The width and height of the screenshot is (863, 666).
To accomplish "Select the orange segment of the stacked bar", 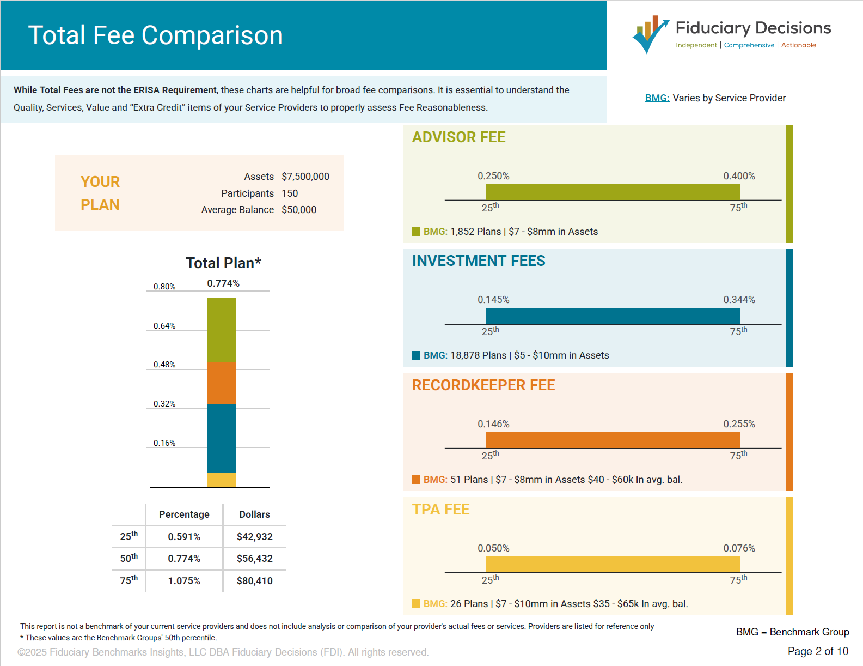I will pos(222,383).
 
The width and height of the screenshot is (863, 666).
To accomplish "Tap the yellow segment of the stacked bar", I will pos(222,480).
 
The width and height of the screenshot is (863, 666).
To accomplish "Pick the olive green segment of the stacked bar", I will pos(222,330).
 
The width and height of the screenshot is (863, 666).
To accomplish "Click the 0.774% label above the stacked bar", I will pos(223,283).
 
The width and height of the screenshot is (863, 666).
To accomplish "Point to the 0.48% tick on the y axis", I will pos(164,365).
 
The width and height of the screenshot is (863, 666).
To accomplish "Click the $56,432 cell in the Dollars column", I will pos(254,559).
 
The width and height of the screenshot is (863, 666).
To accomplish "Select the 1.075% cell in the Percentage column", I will pos(184,581).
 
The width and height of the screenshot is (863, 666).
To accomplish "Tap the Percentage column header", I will pos(184,514).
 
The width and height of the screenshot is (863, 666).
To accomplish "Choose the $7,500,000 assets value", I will pos(305,177).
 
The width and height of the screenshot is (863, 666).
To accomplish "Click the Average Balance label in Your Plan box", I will pos(237,210).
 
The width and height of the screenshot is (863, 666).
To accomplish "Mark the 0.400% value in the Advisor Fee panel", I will pos(738,176).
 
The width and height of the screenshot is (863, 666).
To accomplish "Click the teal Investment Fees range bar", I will pos(612,316).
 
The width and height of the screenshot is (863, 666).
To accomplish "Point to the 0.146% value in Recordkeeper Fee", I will pos(493,424).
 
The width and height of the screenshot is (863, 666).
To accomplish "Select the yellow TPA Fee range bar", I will pos(612,564).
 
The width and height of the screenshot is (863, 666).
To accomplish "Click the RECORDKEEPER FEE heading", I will pos(483,385).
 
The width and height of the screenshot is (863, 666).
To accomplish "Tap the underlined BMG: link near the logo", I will pos(657,98).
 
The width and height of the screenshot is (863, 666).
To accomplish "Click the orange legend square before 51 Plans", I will pos(416,480).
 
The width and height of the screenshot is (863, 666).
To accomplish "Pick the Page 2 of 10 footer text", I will pos(817,651).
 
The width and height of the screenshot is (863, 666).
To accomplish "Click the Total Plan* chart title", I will pos(223,263).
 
